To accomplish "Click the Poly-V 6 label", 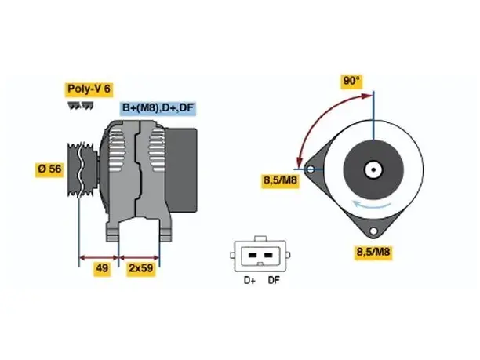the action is pos(89,89).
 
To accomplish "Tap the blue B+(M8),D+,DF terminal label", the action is pos(158,108).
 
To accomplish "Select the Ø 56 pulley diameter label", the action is pos(49,169).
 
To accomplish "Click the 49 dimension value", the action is pos(102,268).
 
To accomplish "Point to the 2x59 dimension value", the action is pos(141,268).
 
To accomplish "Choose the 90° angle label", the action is pos(351,82).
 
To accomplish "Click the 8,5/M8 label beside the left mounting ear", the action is pos(280,180).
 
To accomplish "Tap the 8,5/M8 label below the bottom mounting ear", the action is pos(373,253).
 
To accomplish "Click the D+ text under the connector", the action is pos(249,281).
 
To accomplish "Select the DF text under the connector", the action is pos(274,281).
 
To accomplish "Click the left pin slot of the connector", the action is pos(253,256).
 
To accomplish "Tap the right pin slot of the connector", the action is pos(268,256).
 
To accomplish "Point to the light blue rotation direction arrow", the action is pos(371,205).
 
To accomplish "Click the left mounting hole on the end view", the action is pos(311,169).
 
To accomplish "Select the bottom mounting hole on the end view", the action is pos(373,231).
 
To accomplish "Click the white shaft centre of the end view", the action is pos(373,169).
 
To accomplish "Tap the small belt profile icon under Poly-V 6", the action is pos(80,106).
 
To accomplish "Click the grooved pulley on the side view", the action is pos(82,169).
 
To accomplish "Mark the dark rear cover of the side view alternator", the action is pos(181,170).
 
